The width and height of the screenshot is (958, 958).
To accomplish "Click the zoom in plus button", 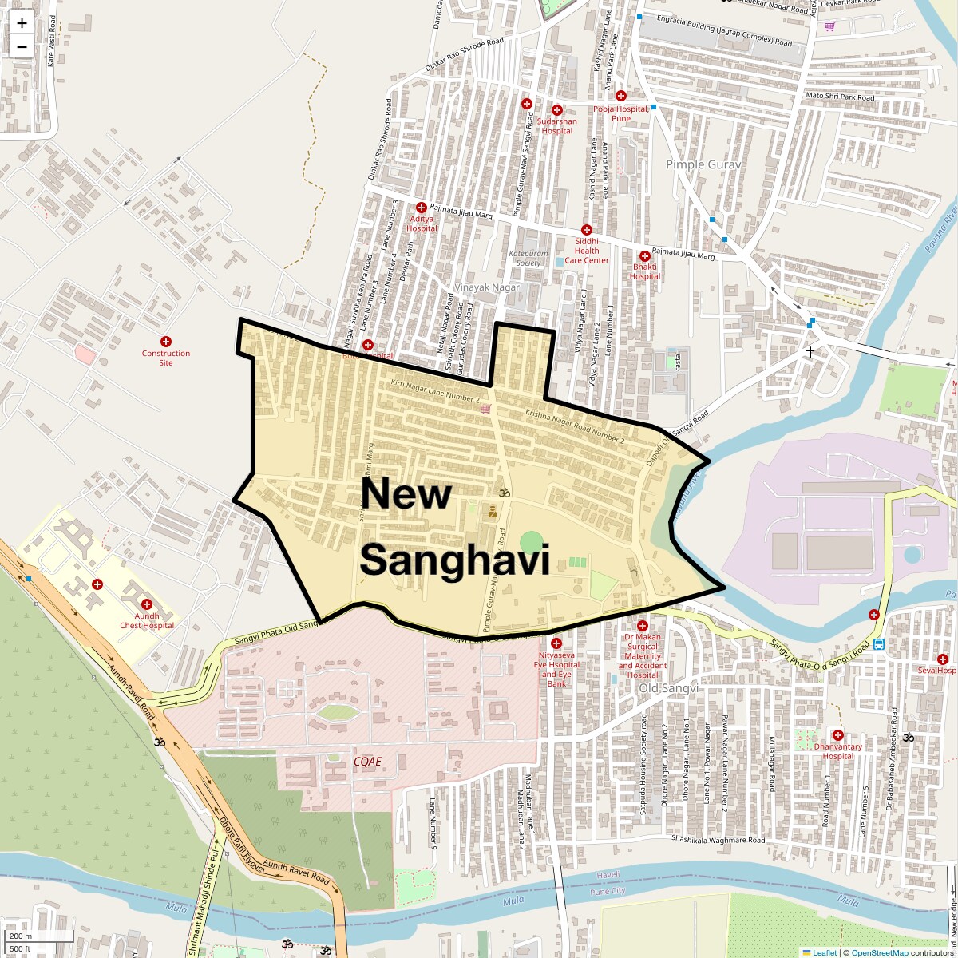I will coord(22,23).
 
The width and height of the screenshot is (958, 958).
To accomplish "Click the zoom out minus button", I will coord(22,47).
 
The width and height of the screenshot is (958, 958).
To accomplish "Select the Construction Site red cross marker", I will coord(166,342).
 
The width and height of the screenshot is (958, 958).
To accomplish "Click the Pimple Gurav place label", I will coord(703,164).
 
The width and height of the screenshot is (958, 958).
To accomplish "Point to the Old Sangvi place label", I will coord(668,688).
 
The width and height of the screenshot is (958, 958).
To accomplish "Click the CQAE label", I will coord(367,762).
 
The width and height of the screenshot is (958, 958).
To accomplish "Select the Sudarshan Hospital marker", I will coord(557,110).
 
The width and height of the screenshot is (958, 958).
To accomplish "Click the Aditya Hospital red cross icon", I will coord(421,208).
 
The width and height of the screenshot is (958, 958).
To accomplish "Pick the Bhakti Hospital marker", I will coord(644,256).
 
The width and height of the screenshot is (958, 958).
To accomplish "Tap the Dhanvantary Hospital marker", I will coord(837,735).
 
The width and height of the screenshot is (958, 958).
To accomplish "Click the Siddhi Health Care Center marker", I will coord(586,230).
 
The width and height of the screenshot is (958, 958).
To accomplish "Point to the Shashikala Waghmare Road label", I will coord(718,840).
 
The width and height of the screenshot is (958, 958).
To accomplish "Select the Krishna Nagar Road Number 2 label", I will coord(575,426).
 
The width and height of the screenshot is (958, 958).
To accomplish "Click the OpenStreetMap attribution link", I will coord(880,952).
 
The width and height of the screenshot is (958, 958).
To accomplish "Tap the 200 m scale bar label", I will coord(21,936).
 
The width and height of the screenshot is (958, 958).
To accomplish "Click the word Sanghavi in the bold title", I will coord(454,560).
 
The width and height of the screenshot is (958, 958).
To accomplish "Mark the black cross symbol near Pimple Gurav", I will coord(810,351).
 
